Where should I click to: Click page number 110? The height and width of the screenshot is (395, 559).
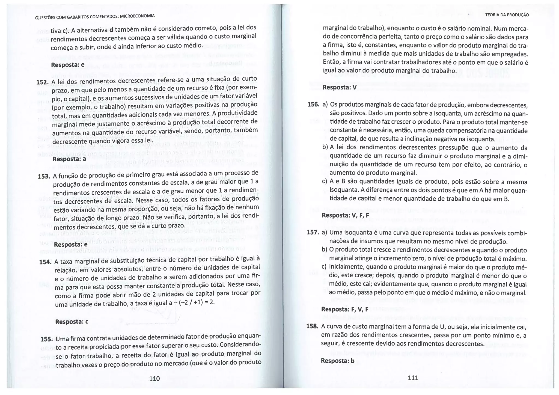[154, 378]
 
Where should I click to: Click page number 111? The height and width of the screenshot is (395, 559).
[413, 378]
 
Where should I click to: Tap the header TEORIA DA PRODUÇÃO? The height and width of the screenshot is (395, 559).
[507, 15]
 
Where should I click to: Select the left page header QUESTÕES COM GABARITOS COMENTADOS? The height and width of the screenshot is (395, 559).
[95, 17]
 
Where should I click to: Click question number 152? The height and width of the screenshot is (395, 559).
[42, 82]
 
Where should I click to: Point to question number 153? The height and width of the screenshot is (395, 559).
[44, 176]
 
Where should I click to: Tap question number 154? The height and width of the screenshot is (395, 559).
[45, 262]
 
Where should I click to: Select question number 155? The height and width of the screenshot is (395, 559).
[46, 339]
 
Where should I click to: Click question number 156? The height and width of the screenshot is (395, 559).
[313, 105]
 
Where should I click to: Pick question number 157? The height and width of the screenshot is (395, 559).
[313, 232]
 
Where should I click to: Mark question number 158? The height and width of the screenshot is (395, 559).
[313, 326]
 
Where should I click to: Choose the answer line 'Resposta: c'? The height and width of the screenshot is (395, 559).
[72, 322]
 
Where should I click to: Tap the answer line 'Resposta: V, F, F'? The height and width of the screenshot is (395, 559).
[346, 215]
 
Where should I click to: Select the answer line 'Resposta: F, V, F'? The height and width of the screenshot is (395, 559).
[345, 309]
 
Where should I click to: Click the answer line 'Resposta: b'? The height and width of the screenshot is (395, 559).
[338, 361]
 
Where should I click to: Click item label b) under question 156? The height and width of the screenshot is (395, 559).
[325, 147]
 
